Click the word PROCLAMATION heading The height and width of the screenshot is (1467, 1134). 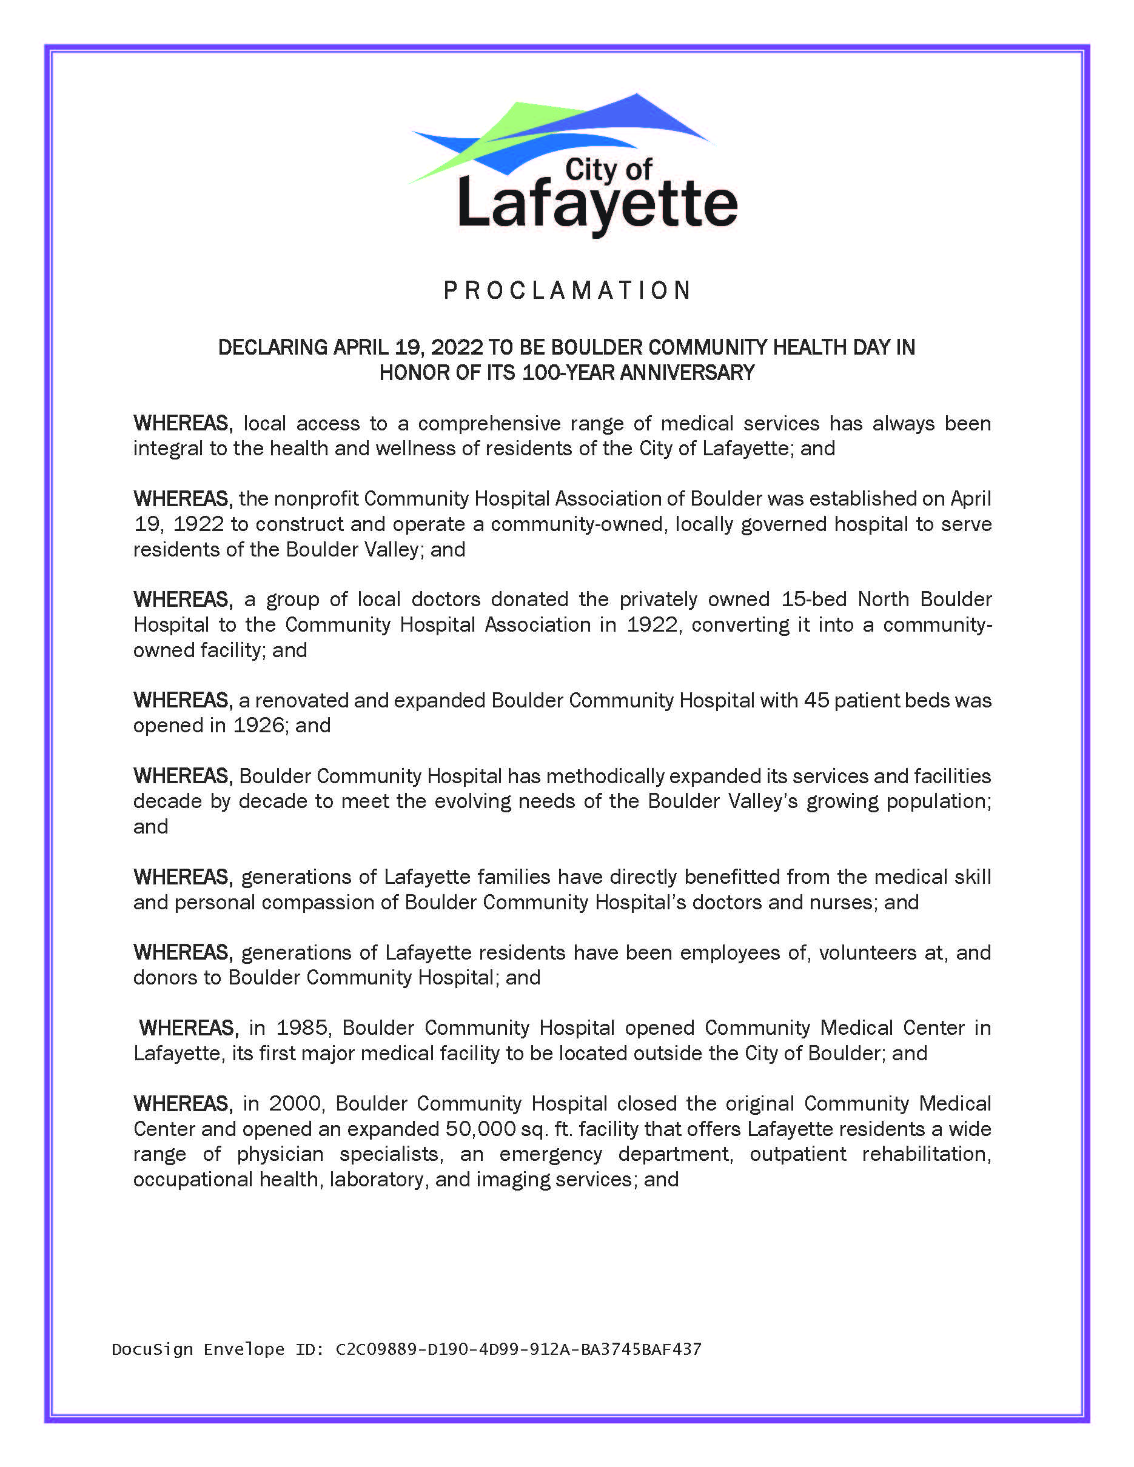point(567,290)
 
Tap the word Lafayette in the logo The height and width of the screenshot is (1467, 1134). point(597,204)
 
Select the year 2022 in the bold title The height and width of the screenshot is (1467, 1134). point(457,347)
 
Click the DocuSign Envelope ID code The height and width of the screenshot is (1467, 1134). point(518,1349)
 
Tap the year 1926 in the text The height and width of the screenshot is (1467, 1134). point(259,726)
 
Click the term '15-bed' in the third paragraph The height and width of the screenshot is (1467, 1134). point(814,599)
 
